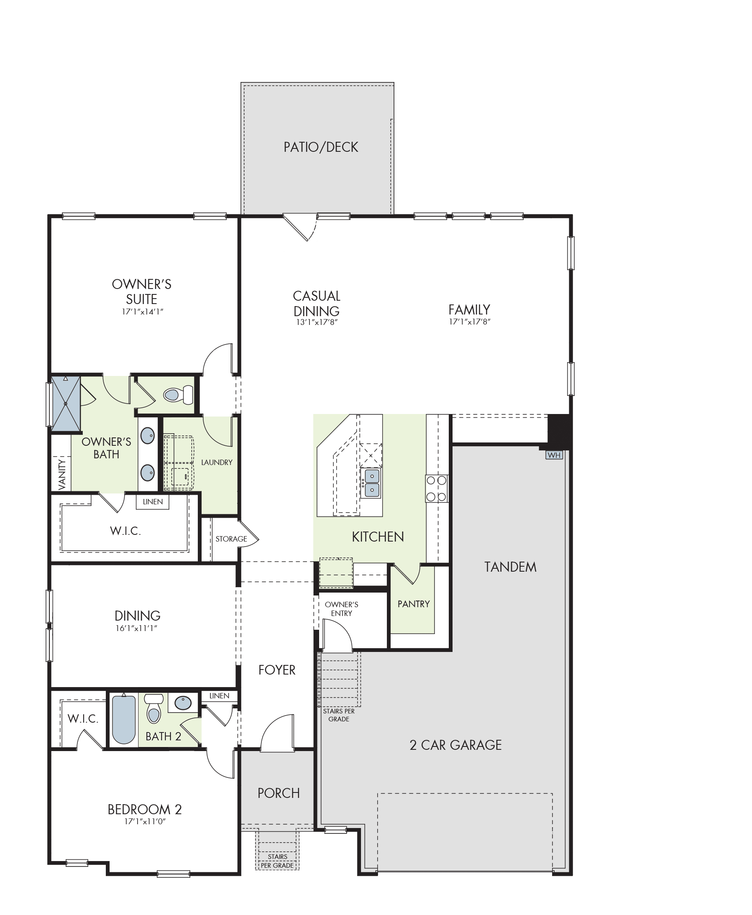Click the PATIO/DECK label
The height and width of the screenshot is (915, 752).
[320, 147]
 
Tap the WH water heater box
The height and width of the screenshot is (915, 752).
[554, 455]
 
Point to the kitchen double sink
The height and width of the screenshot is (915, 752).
[372, 483]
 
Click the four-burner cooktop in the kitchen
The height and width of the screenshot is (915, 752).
[437, 488]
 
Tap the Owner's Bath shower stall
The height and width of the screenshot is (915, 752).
[66, 404]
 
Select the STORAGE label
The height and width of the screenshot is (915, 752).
[231, 539]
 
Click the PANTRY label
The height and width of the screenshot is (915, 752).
[414, 603]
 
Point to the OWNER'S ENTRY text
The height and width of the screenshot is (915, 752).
[341, 609]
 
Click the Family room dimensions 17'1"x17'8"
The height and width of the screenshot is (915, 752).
[470, 322]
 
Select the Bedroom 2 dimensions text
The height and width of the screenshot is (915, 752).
[145, 821]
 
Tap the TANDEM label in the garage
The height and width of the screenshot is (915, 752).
[510, 567]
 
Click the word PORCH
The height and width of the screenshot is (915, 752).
[279, 793]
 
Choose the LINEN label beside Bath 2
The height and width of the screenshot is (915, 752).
[219, 695]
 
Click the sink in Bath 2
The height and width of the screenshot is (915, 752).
[183, 703]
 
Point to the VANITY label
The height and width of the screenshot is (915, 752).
[62, 475]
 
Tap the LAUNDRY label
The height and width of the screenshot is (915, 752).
[217, 462]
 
